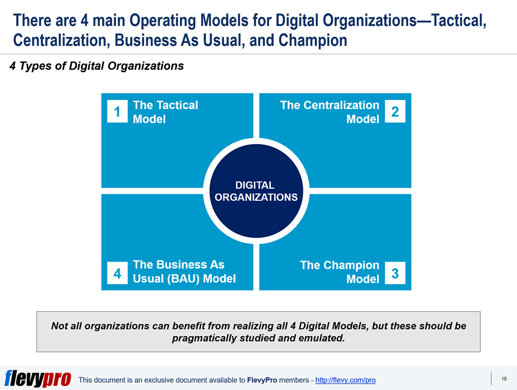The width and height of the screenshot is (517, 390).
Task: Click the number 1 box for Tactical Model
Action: coord(117,111)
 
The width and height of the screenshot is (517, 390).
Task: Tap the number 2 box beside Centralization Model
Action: coord(395,111)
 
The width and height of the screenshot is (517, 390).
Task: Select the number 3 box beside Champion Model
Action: coord(395,273)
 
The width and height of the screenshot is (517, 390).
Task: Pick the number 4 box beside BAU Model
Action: coord(117,273)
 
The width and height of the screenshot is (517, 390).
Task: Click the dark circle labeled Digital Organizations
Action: coord(256,191)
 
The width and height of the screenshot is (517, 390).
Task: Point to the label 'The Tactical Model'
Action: coord(165,112)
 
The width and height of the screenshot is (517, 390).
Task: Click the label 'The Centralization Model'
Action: coord(330,112)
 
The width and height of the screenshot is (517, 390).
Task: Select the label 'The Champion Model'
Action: coord(339,272)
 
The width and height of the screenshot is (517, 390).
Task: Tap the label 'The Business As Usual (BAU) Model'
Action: coord(184,271)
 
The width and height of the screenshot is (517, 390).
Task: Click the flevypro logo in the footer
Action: coord(37,379)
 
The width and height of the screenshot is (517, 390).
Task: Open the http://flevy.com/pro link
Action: coord(345,380)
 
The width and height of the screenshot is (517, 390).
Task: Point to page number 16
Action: coord(504,379)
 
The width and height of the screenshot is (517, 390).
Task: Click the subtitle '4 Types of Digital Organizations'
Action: coord(97,66)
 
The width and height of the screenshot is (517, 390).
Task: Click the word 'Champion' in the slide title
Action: coord(312,41)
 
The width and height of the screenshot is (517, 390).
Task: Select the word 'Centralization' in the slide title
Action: coord(61,40)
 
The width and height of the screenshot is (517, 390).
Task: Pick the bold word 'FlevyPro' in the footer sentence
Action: coord(262,380)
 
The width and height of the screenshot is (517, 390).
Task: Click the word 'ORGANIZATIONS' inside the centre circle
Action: coord(256,197)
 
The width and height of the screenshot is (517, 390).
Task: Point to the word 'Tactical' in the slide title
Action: coord(459,21)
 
